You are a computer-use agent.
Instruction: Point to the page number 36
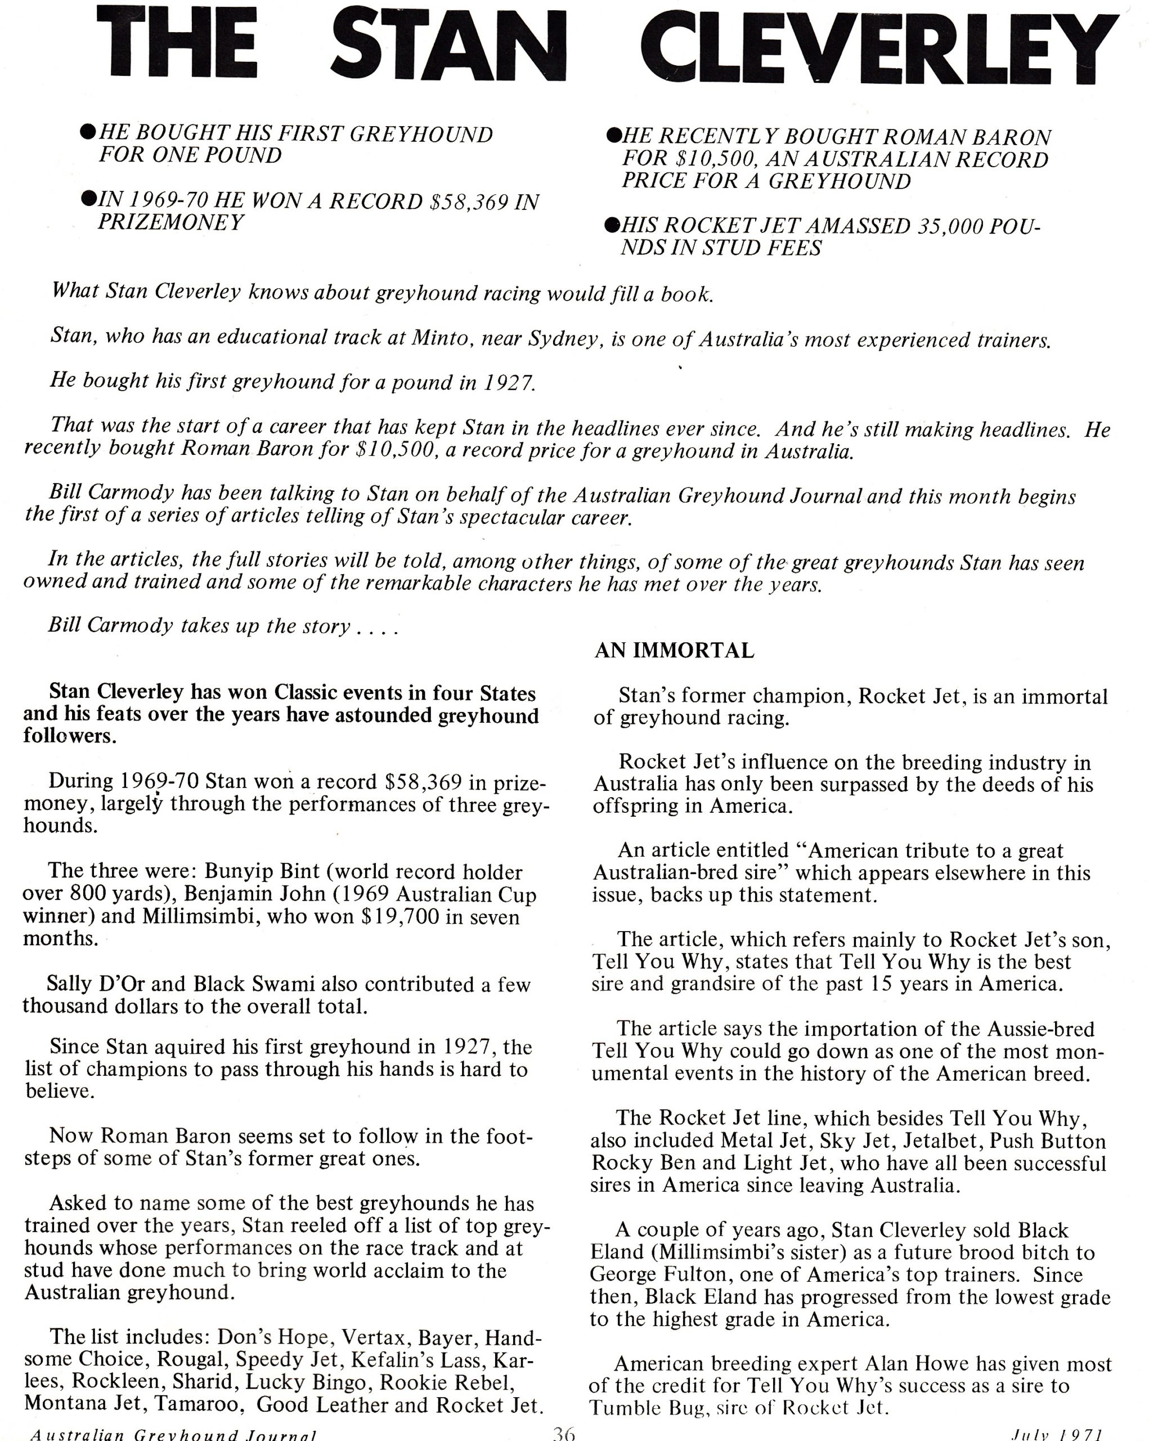tap(564, 1433)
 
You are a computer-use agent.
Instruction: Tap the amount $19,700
tap(400, 916)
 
